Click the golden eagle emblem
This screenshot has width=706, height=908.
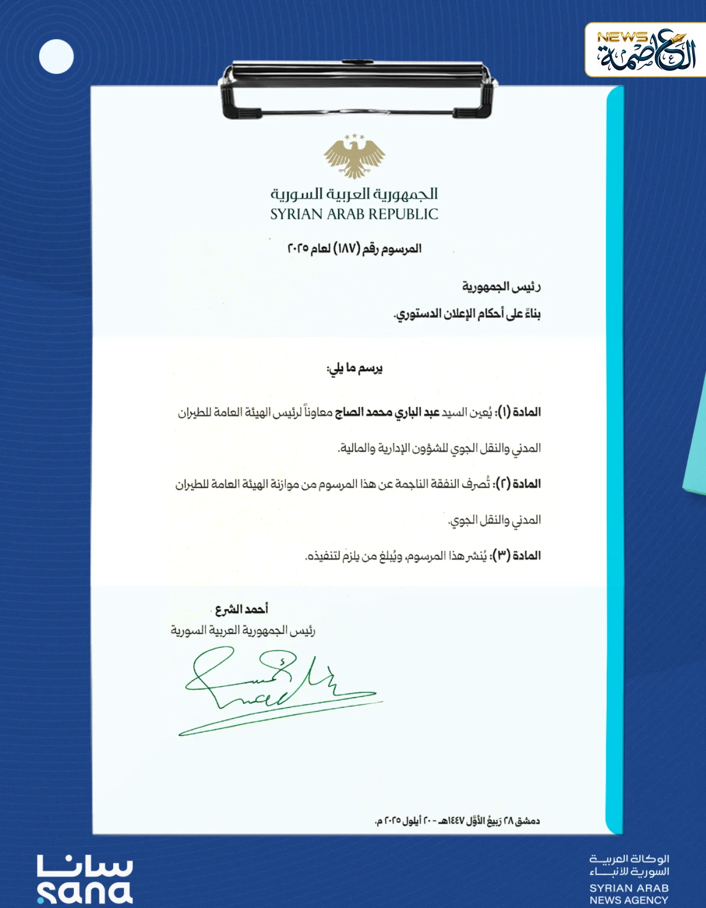coord(354,157)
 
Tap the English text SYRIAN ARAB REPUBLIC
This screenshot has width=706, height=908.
coord(354,214)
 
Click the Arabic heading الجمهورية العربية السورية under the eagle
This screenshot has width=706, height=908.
coord(354,194)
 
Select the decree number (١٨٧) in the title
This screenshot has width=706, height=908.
coord(346,248)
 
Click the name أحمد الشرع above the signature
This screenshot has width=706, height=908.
coord(241,609)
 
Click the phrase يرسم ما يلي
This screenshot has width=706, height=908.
coord(354,368)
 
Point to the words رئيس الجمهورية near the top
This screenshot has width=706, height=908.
coord(501,287)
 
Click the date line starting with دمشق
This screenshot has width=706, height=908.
coord(457,821)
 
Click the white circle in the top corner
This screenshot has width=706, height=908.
coord(56,56)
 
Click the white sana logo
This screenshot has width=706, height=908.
coord(85,879)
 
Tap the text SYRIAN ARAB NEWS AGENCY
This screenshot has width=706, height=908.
coord(629,894)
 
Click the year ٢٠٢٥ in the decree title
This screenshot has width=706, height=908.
coord(298,248)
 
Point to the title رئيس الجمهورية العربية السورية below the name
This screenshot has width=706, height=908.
coord(243,630)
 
